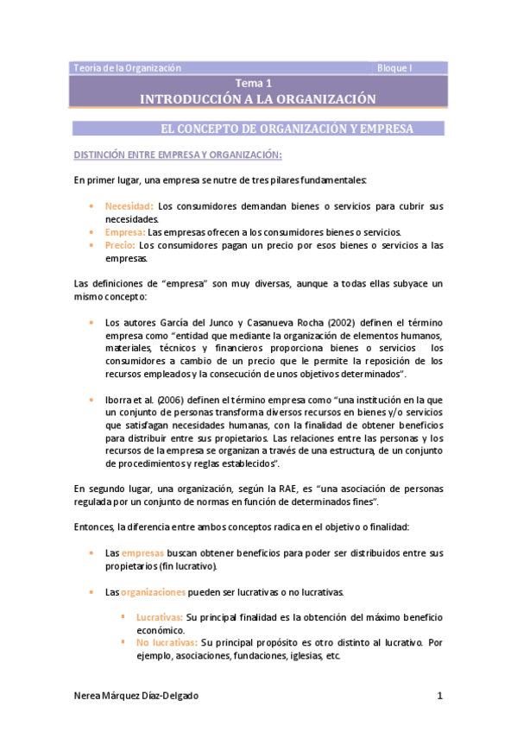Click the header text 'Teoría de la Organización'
click(127, 67)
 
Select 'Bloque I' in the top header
click(396, 67)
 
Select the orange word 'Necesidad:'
click(129, 206)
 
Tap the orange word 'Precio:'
click(121, 245)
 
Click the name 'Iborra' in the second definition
click(119, 400)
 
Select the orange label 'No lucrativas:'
click(167, 643)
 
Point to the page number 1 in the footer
click(439, 696)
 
